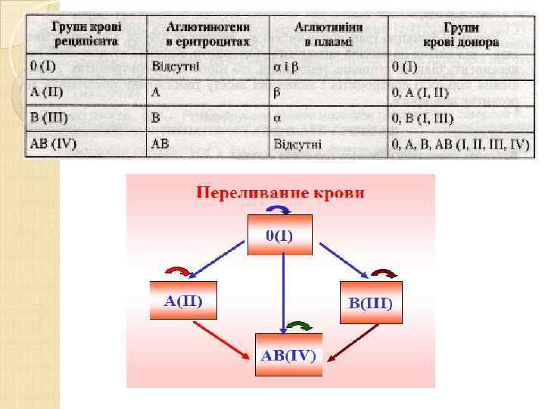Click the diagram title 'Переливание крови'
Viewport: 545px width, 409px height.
281,192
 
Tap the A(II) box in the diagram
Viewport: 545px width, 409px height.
182,300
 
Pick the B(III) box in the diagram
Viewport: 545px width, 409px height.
370,302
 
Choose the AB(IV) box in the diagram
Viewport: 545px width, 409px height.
288,354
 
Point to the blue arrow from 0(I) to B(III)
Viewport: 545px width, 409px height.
344,259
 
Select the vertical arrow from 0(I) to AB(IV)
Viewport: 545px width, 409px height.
283,292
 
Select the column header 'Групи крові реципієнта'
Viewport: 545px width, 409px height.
84,33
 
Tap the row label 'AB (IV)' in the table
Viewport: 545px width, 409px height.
54,142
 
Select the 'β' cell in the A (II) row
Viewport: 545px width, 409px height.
277,92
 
